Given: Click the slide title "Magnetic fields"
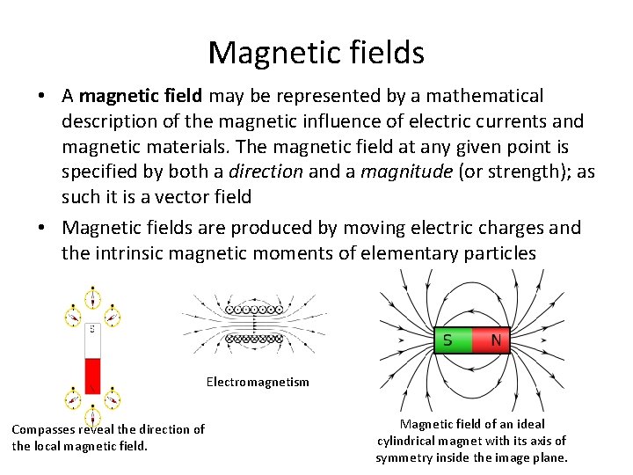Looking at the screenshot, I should (x=316, y=53).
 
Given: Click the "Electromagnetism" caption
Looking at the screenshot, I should (x=258, y=382).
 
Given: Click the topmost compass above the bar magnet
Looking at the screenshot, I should (x=91, y=296).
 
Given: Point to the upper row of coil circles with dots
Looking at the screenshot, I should (x=254, y=310).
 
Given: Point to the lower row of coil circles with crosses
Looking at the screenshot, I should (x=254, y=339).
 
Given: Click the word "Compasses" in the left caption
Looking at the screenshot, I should (x=43, y=429).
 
